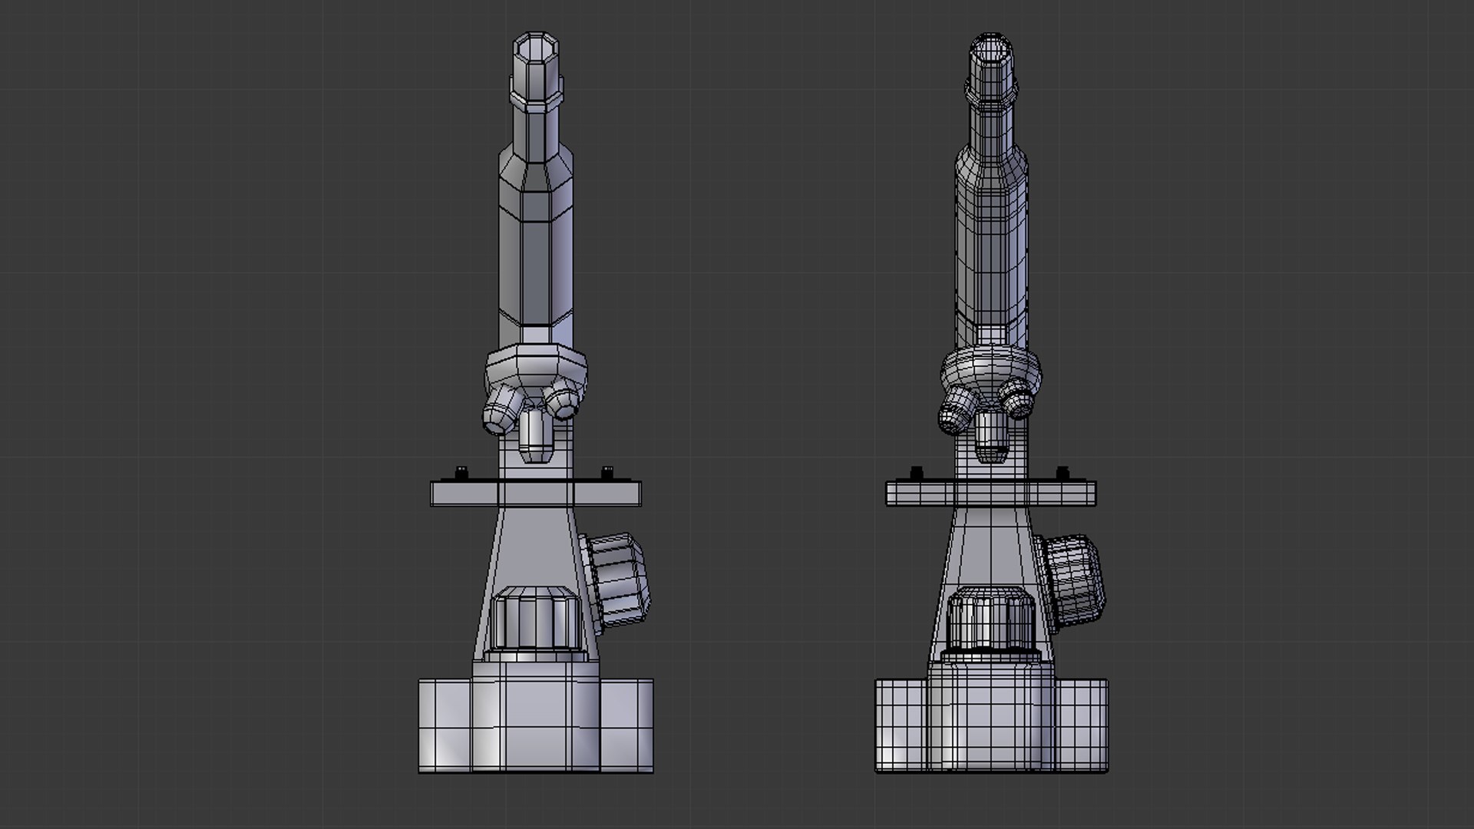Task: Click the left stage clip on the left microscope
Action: (462, 472)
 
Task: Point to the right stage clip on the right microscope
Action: (1063, 472)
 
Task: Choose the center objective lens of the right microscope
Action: (990, 438)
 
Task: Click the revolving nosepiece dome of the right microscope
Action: (990, 368)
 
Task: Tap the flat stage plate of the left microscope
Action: (535, 493)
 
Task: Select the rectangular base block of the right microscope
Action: (990, 725)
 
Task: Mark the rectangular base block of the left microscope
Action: (535, 725)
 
